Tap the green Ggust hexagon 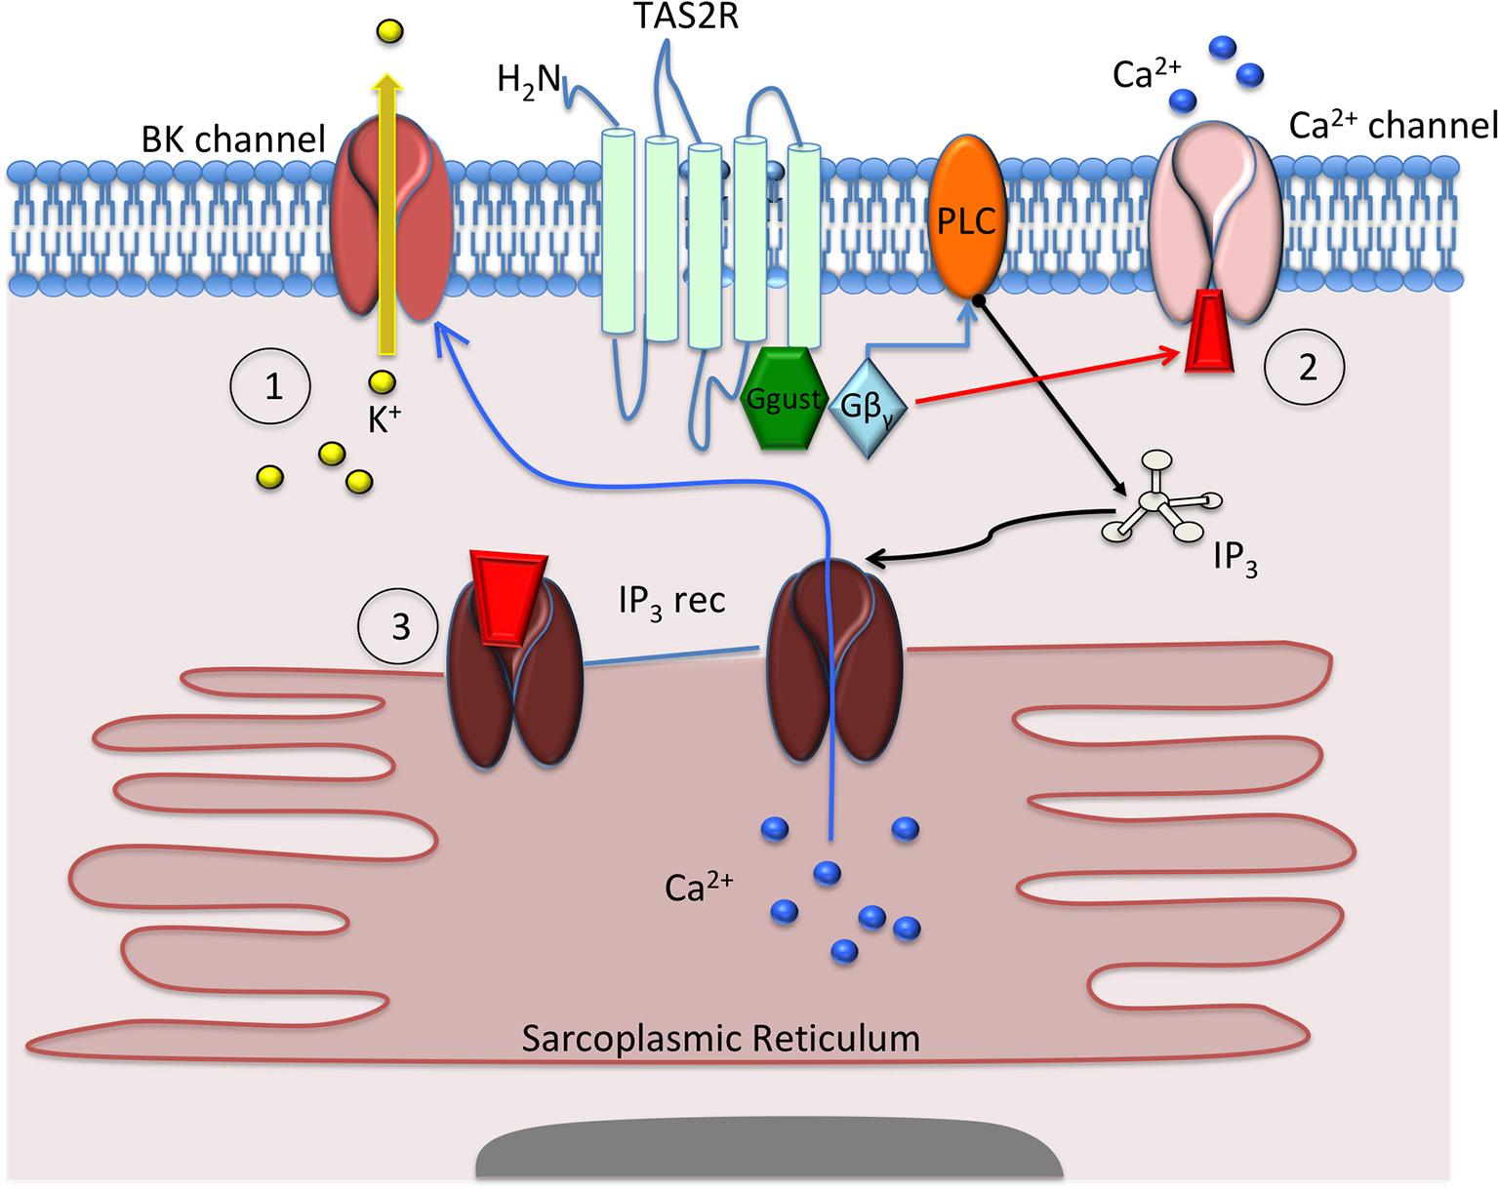point(783,398)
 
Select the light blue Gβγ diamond point(867,408)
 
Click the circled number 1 point(270,387)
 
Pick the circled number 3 point(398,626)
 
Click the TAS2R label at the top point(686,17)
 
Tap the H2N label point(528,80)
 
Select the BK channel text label point(233,139)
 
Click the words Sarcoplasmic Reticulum point(720,1038)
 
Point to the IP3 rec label point(671,601)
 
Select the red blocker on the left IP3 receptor point(507,595)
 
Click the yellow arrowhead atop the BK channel point(388,86)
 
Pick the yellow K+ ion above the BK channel point(388,32)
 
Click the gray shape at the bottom point(769,1155)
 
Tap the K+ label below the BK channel point(384,419)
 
